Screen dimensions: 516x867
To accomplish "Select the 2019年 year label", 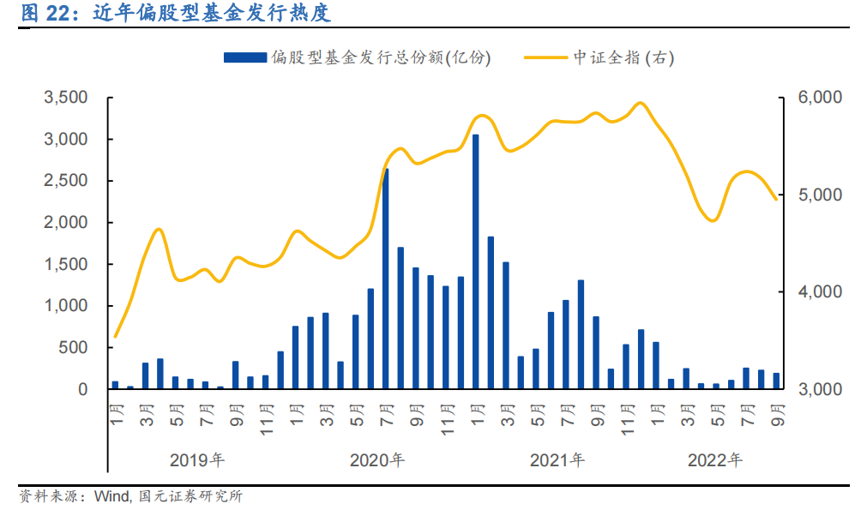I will tap(197, 460).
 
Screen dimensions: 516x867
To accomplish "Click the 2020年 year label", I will tap(377, 460).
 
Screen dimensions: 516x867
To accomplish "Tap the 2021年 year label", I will tap(557, 460).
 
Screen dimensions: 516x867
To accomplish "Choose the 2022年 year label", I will tap(715, 460).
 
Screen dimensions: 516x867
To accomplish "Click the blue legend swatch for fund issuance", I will tap(244, 57).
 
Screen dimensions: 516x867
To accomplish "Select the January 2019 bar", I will tap(115, 385).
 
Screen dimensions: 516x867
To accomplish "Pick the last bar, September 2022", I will tap(776, 381).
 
